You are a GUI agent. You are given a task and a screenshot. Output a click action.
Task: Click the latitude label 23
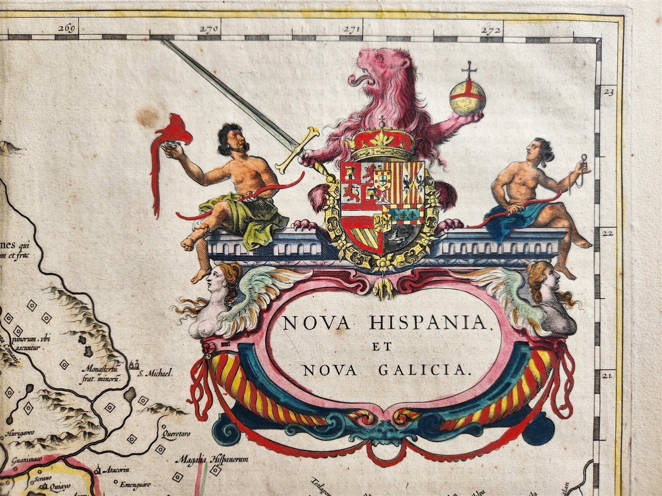[608, 93]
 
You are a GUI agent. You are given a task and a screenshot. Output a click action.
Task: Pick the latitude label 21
[608, 376]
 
